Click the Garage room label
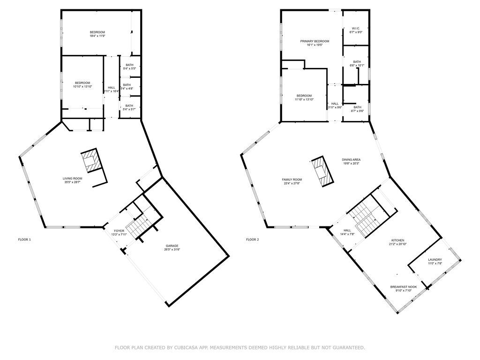[172, 246]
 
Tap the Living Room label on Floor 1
[73, 179]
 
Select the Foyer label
[119, 231]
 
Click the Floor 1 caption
[24, 240]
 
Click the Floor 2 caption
[253, 240]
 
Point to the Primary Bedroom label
[315, 41]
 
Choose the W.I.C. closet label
[356, 29]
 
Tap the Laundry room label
[435, 260]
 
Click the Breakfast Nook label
[404, 287]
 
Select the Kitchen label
[397, 240]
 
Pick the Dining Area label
[351, 159]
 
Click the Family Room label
[292, 180]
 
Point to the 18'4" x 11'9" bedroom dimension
[97, 36]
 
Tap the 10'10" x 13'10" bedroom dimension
[82, 87]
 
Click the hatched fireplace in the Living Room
[91, 160]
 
